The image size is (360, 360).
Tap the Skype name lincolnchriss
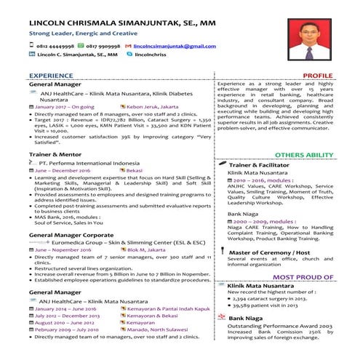[151, 55]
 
